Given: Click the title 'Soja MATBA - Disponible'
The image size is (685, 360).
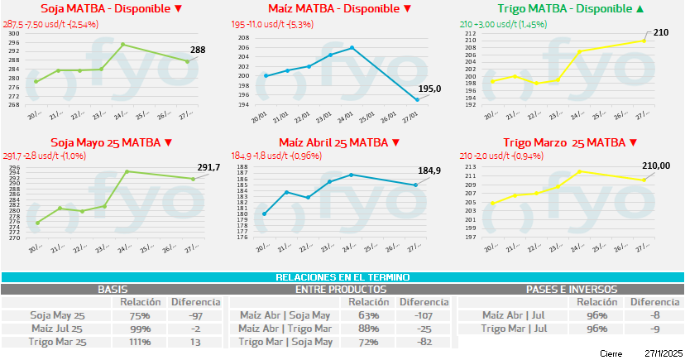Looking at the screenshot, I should point(107,9).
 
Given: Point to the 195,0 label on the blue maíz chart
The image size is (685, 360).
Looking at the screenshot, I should point(430,89).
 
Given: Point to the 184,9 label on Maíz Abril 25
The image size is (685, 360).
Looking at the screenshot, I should point(429,171).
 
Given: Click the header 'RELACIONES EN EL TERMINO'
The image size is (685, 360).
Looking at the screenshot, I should point(342,278).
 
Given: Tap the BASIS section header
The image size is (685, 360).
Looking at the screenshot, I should point(113,290).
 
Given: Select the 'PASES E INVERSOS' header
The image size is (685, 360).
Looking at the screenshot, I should point(571,290).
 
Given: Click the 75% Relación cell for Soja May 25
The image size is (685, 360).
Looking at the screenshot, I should point(140,315).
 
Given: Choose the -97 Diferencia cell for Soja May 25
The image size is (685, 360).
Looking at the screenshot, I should point(195,315).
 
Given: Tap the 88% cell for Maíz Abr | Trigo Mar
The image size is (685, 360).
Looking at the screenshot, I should point(369,329).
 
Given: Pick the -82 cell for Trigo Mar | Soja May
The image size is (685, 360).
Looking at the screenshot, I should point(423,342).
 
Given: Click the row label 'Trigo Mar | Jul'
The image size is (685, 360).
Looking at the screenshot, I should point(514,329).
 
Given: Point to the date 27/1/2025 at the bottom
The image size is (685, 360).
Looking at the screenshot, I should point(661,353).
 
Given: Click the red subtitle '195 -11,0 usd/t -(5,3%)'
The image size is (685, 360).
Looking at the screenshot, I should point(280,24).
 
